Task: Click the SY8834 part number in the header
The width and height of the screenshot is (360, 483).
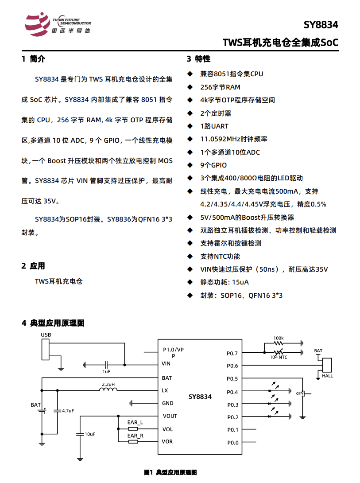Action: click(321, 25)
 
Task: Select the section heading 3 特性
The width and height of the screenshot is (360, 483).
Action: click(198, 59)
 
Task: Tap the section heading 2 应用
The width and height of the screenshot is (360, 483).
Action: click(33, 266)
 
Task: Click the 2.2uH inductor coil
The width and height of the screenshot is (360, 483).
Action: click(108, 390)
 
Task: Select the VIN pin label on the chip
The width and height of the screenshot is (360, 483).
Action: click(166, 364)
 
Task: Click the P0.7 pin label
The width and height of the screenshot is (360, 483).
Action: click(232, 354)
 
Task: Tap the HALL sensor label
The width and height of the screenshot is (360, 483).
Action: click(328, 376)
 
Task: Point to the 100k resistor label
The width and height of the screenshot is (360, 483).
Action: click(279, 338)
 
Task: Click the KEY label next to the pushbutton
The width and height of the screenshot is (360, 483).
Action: click(299, 393)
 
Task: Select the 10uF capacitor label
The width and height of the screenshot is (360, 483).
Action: click(90, 434)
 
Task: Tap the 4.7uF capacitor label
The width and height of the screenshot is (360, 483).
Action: click(68, 411)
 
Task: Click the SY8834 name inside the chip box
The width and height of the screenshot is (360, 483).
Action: click(200, 397)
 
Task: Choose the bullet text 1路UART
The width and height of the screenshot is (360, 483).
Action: click(214, 126)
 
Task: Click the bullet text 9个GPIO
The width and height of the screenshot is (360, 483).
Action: click(213, 165)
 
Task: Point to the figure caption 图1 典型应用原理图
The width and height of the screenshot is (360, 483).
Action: click(170, 472)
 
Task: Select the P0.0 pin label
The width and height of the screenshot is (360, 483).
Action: click(232, 443)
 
